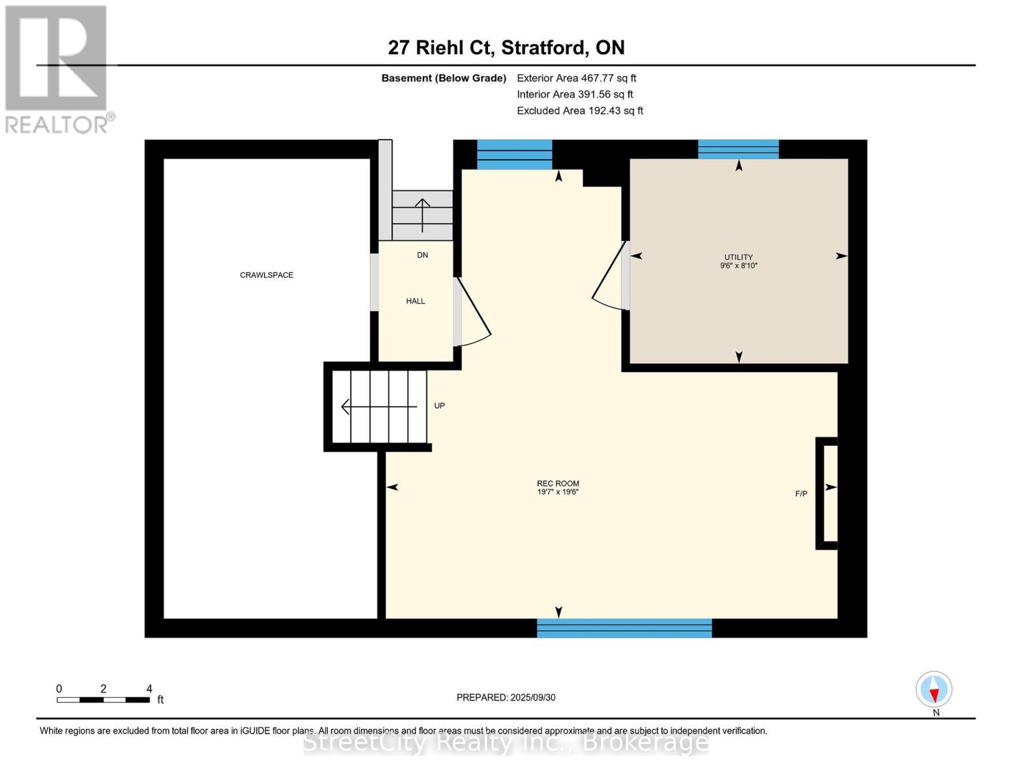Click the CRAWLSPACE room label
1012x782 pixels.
(267, 275)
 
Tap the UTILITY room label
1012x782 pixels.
(738, 257)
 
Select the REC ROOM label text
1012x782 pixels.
(558, 484)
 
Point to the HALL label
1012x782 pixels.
(415, 301)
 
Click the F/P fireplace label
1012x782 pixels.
(801, 494)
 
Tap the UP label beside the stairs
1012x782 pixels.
(440, 406)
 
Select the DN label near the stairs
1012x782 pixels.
(422, 255)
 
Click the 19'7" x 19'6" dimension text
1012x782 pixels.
(558, 492)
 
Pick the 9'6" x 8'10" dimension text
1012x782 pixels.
(738, 266)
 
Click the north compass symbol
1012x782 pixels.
(934, 689)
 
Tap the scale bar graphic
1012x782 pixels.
(103, 700)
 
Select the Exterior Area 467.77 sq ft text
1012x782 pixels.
(576, 78)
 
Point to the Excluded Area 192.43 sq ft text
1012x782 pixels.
(579, 111)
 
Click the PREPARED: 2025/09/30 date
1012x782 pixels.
(506, 697)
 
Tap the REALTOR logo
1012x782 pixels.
(57, 68)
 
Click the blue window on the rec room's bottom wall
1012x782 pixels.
(624, 628)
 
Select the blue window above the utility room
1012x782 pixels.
(738, 149)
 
